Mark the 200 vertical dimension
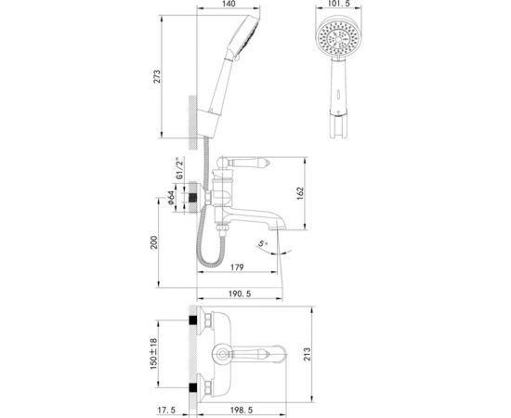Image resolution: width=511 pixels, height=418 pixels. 158,244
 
